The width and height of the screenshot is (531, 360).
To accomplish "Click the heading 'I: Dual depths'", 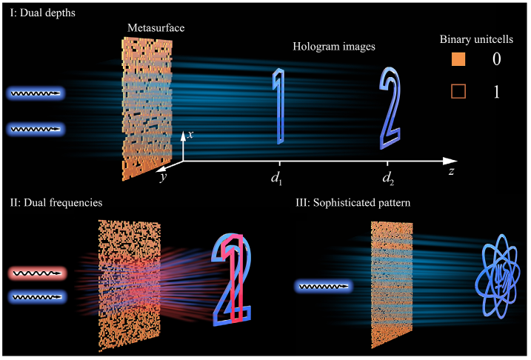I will click(x=37, y=12).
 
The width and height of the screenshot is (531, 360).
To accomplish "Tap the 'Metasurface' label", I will click(x=155, y=27).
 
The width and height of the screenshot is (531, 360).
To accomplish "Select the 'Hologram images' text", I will click(x=334, y=47).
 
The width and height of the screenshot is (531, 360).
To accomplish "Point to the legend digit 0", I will click(x=497, y=60).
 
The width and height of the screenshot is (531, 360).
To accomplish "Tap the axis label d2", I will click(x=388, y=178).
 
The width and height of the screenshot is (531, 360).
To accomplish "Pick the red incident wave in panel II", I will click(x=37, y=273).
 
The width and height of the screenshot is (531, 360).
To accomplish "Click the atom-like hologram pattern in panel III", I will click(x=495, y=276).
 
